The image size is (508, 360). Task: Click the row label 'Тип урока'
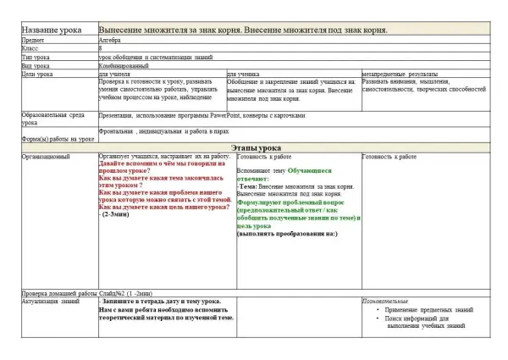click(36, 58)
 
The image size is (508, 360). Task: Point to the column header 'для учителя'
click(116, 74)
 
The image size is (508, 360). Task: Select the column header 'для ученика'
click(246, 74)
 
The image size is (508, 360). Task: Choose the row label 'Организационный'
click(47, 157)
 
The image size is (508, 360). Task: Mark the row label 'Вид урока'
click(36, 65)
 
